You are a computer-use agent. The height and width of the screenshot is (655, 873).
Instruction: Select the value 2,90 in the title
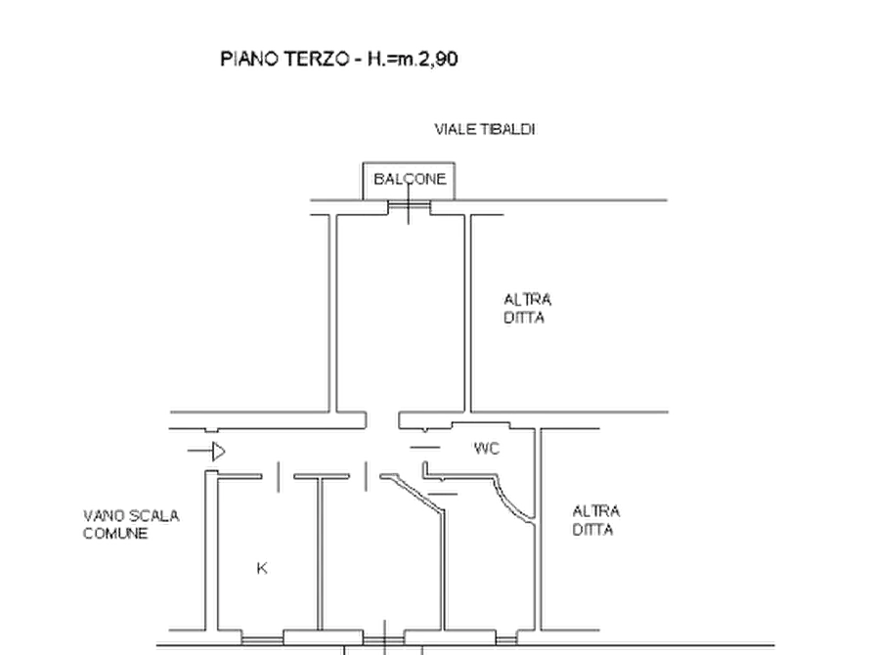click(438, 60)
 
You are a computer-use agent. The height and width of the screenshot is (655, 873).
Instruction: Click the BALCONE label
click(409, 179)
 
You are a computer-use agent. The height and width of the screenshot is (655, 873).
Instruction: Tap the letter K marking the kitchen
click(261, 567)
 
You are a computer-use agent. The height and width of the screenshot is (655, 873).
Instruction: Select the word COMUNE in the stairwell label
click(117, 533)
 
